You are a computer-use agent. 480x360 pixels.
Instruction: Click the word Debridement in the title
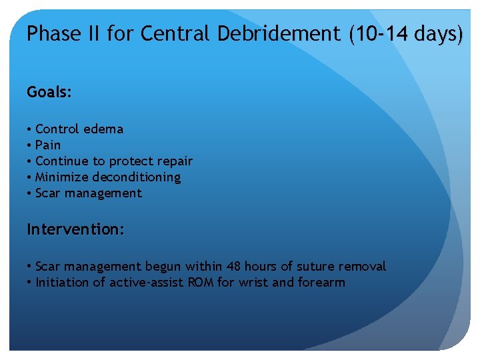pos(279,34)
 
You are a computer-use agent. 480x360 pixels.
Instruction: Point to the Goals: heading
pos(49,93)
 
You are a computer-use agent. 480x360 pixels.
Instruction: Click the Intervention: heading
pos(75,229)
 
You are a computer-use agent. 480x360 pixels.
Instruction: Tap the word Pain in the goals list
pos(48,145)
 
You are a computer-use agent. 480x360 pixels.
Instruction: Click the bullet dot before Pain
pos(29,145)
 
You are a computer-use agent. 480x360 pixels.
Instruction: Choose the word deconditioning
pos(136,177)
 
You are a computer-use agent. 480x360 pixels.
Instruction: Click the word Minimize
pos(62,177)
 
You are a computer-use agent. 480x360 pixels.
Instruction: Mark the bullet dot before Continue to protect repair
pos(29,161)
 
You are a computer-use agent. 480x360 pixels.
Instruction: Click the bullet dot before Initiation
pos(29,283)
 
